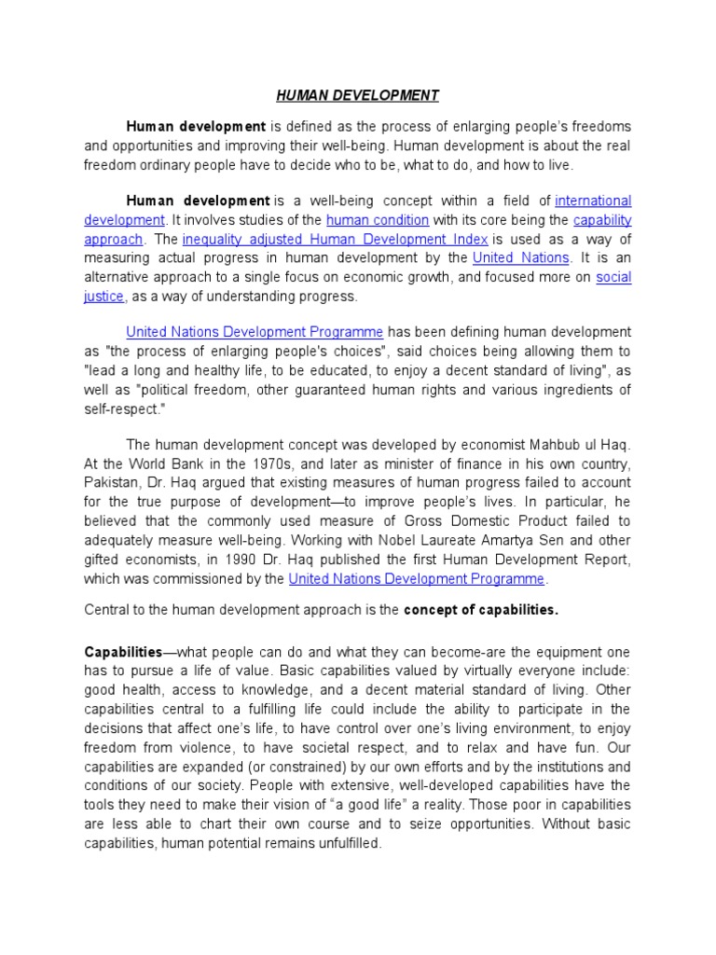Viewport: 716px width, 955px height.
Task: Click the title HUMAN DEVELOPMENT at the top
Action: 357,96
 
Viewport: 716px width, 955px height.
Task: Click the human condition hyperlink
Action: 378,220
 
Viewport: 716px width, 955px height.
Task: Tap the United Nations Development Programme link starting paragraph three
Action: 255,332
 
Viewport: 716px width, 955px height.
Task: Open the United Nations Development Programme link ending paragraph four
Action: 417,579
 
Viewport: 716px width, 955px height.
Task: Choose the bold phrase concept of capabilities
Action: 481,611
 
